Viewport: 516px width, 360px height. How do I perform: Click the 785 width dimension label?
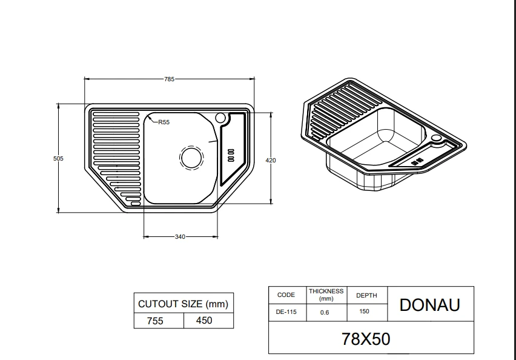tap(169, 79)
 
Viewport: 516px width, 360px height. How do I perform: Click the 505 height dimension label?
tap(58, 158)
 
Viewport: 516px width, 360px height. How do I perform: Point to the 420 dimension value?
tap(271, 161)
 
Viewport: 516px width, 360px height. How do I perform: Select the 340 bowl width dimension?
tap(180, 236)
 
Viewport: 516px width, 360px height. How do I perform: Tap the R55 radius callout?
tap(164, 122)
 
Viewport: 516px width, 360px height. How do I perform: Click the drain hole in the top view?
tap(191, 158)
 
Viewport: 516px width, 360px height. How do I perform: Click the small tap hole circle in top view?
tap(220, 118)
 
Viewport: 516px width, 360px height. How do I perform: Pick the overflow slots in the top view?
tap(231, 155)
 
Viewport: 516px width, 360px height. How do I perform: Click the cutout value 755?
tap(155, 321)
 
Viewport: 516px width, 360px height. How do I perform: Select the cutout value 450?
tap(204, 320)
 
